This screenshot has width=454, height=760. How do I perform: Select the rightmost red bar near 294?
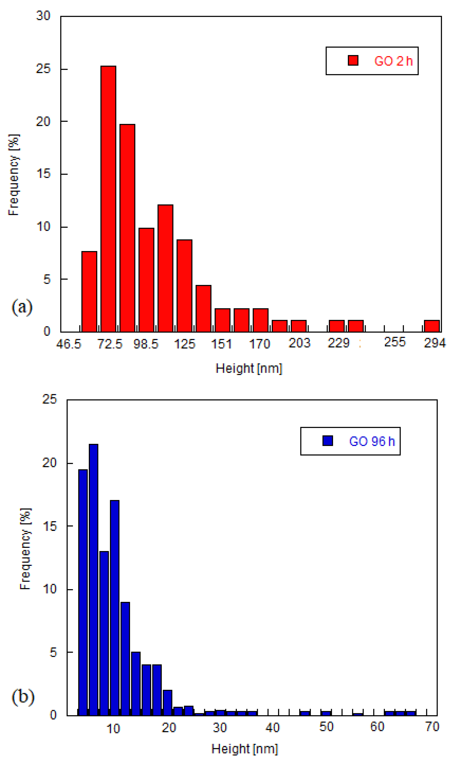pos(432,326)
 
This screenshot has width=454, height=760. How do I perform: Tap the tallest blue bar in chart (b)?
pos(93,579)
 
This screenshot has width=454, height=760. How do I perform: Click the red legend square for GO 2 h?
pos(353,60)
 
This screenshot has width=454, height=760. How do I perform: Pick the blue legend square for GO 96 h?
pos(328,441)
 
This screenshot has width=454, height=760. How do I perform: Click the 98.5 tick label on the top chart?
pos(146,344)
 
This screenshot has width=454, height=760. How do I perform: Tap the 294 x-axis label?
pos(434,343)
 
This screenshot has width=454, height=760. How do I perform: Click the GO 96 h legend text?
pos(372,441)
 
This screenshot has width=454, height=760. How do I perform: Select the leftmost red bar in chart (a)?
pos(89,291)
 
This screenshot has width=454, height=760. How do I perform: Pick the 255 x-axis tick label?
pos(395,342)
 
